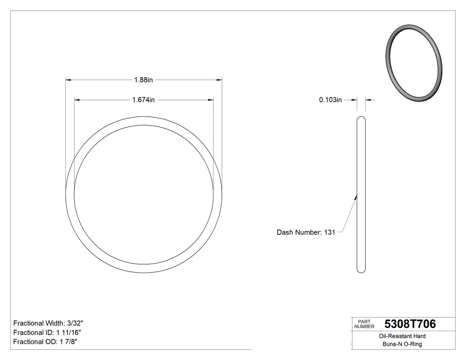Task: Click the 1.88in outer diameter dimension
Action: pos(143,80)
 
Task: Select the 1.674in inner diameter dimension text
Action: pos(143,100)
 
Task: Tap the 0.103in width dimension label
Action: pos(331,100)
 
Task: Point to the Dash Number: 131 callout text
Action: pos(306,232)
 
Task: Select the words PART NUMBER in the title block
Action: pos(364,324)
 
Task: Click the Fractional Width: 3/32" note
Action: pos(48,323)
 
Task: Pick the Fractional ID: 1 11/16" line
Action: pos(47,332)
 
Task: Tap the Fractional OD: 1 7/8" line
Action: pos(46,342)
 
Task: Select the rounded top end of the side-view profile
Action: pos(361,119)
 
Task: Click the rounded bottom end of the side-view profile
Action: pos(361,270)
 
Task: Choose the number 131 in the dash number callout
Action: pos(329,232)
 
